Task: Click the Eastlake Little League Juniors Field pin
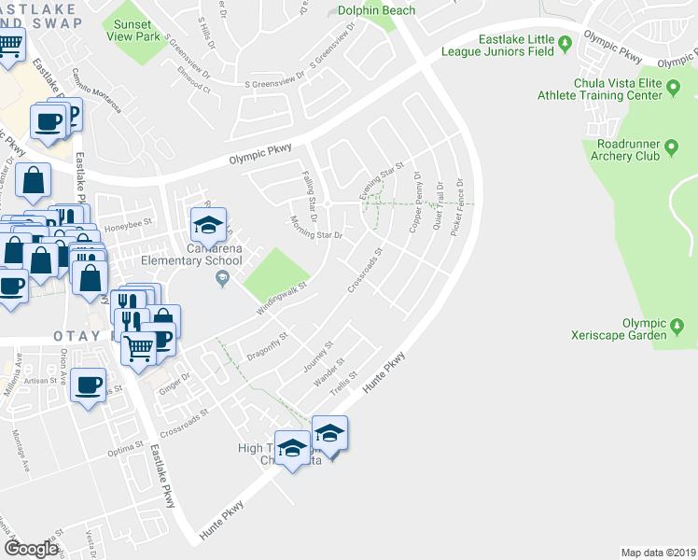565,44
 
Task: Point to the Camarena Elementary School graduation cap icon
208,224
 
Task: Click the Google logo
31,549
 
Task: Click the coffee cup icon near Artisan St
89,385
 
